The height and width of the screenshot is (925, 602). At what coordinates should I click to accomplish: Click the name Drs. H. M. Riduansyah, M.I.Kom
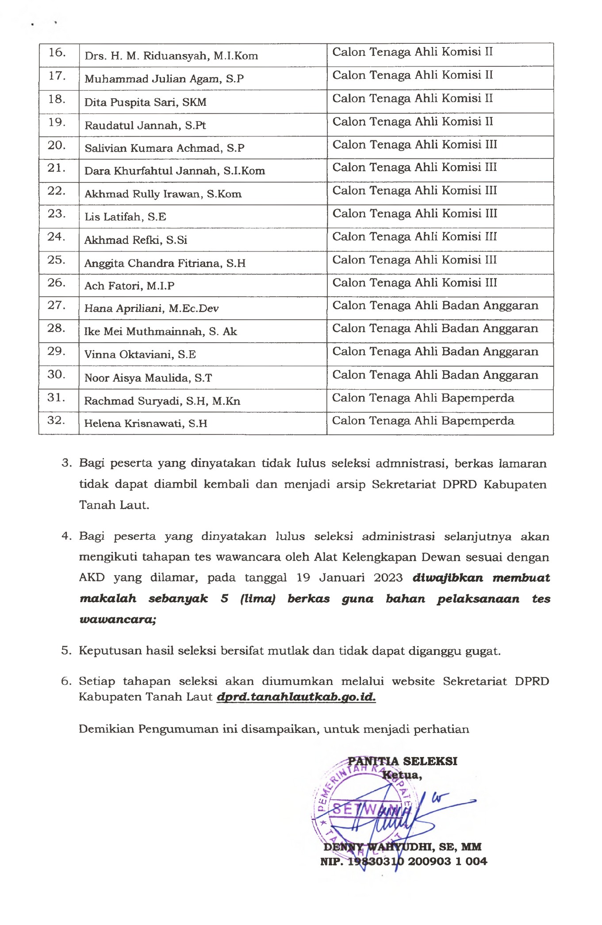(171, 56)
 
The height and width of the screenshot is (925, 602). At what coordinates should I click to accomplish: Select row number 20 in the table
(57, 145)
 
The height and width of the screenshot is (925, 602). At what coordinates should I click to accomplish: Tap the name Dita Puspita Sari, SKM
(146, 102)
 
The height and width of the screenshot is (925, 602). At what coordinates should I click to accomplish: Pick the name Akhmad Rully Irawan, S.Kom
(163, 194)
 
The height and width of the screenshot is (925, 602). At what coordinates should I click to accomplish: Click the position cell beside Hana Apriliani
(435, 306)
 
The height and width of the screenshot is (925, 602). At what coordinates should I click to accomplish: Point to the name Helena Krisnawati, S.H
(146, 423)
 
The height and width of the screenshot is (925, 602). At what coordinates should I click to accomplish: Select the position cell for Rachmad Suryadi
(423, 398)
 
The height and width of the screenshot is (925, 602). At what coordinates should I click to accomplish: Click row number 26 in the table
(57, 283)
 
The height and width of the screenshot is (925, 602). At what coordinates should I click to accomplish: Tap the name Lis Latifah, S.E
(125, 217)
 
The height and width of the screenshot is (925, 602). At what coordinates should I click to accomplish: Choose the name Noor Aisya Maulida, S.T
(148, 378)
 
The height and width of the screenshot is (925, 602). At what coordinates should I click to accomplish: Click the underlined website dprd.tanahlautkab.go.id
(296, 697)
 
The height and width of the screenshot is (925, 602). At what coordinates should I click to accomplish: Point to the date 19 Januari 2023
(349, 578)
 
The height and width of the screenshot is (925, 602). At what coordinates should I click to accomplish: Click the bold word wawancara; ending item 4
(118, 619)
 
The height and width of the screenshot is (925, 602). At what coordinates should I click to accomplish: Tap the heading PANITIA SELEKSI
(403, 761)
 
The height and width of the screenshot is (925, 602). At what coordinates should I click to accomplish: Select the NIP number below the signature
(403, 861)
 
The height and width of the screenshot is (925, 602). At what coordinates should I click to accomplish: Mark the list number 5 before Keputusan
(66, 650)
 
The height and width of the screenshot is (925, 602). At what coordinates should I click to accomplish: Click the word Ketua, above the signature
(402, 775)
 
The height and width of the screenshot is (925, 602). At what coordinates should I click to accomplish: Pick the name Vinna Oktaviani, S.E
(140, 355)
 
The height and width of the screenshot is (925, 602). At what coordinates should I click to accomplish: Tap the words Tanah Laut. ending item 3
(114, 505)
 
